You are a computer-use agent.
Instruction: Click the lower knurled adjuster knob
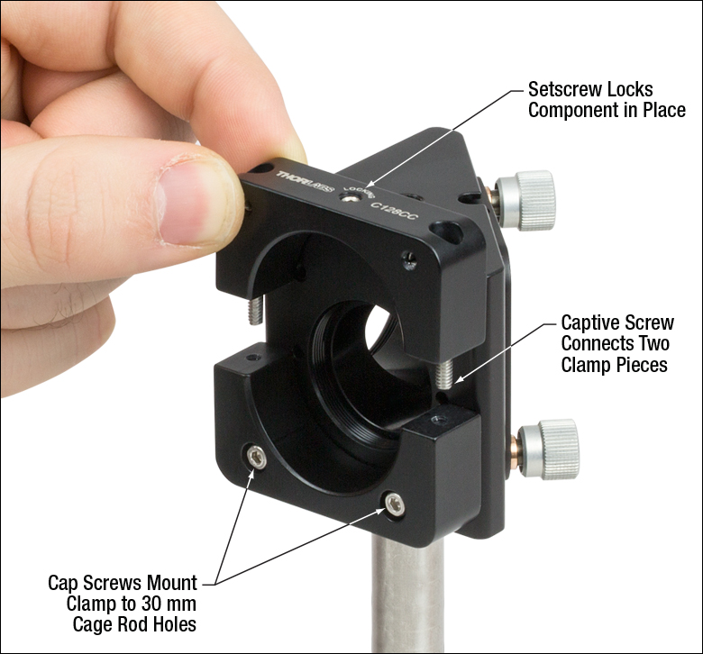tap(549, 448)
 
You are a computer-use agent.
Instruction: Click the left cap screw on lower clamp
tap(258, 460)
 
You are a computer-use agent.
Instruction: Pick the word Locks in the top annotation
tap(628, 91)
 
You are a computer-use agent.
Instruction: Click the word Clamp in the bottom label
tap(92, 603)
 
